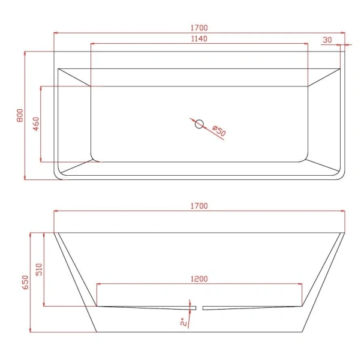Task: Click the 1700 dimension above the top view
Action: pyautogui.click(x=200, y=28)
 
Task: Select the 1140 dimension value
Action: pyautogui.click(x=198, y=39)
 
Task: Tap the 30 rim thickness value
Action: pyautogui.click(x=327, y=40)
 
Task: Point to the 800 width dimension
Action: pyautogui.click(x=19, y=115)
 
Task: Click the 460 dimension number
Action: pyautogui.click(x=35, y=124)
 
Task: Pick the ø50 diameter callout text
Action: pyautogui.click(x=218, y=132)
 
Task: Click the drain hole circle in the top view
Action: pyautogui.click(x=200, y=124)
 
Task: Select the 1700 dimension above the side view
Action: pyautogui.click(x=200, y=206)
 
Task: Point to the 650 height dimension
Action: pyautogui.click(x=25, y=282)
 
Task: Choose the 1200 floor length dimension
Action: pyautogui.click(x=199, y=279)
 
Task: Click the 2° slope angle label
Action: pyautogui.click(x=183, y=322)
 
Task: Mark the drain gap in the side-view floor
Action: pyautogui.click(x=200, y=307)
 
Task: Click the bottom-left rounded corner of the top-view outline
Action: pyautogui.click(x=58, y=176)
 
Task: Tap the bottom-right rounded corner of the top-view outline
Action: pyautogui.click(x=342, y=176)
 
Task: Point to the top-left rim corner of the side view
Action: pyautogui.click(x=55, y=233)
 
